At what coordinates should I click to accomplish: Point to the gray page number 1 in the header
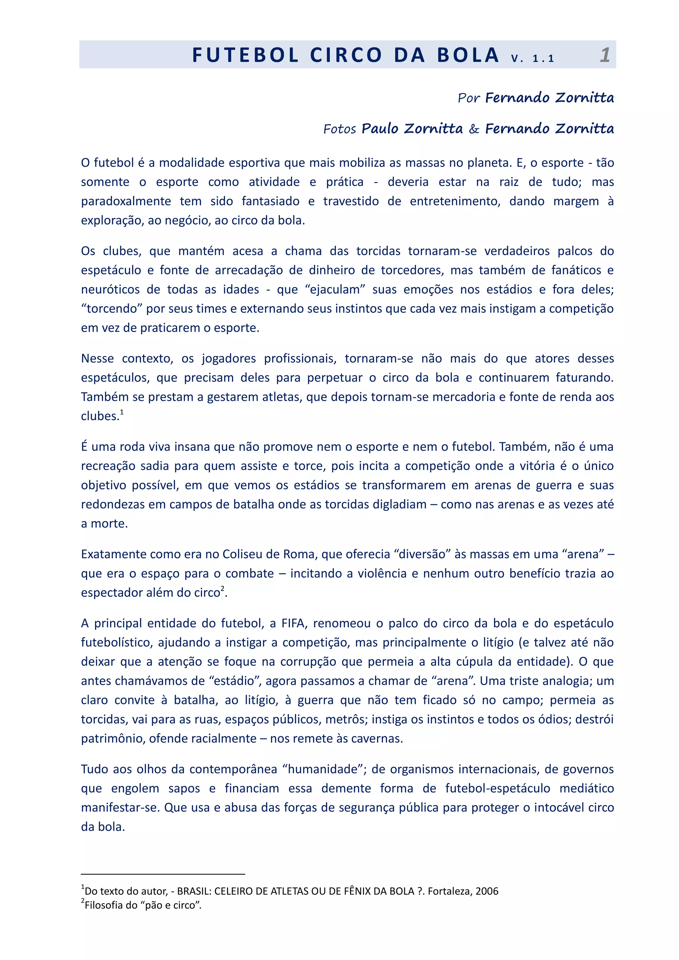(605, 55)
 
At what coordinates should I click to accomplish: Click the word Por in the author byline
(468, 98)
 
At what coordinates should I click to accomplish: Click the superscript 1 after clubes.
(122, 412)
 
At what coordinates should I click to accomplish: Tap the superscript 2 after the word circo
(222, 589)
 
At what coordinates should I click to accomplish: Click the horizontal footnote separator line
(163, 874)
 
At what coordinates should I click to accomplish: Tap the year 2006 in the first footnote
(487, 891)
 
